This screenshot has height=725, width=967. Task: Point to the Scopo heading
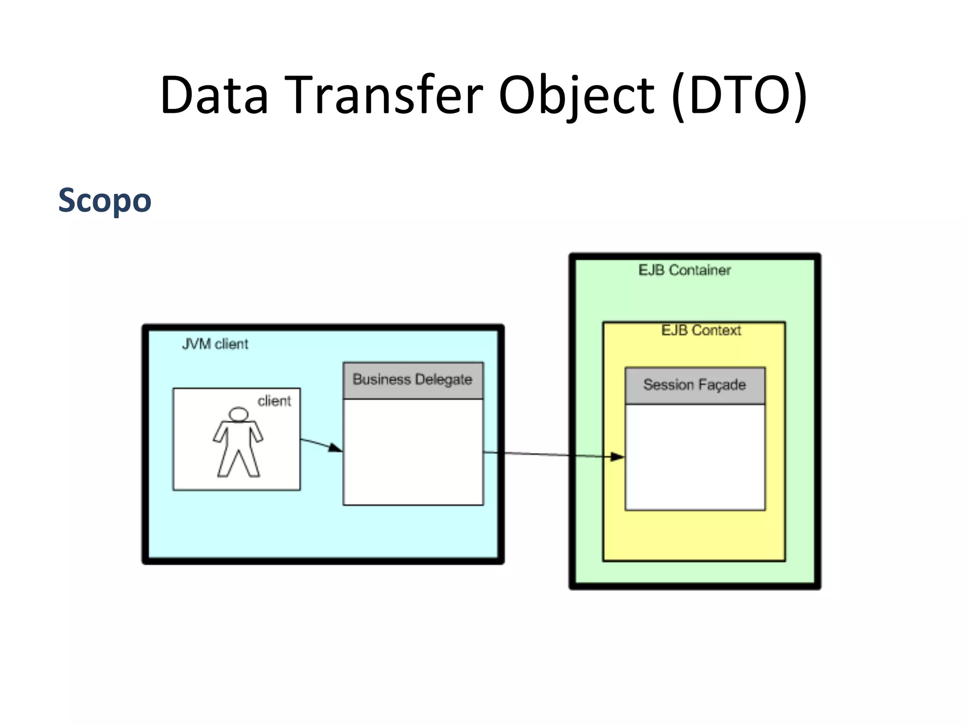[x=104, y=200]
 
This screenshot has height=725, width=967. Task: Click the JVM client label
[x=215, y=344]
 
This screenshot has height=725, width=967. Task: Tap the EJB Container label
[x=684, y=270]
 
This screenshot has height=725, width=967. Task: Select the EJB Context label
[x=701, y=330]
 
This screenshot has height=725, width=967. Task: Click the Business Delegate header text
[x=412, y=379]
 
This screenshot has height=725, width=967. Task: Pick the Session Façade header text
[x=694, y=385]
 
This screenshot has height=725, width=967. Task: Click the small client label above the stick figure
[x=274, y=401]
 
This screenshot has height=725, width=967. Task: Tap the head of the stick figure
[x=238, y=414]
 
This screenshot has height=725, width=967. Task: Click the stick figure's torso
[x=238, y=437]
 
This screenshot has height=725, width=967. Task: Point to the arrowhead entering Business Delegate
[x=336, y=448]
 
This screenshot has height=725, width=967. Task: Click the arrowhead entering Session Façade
[x=617, y=456]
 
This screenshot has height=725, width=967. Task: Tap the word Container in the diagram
[x=700, y=270]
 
